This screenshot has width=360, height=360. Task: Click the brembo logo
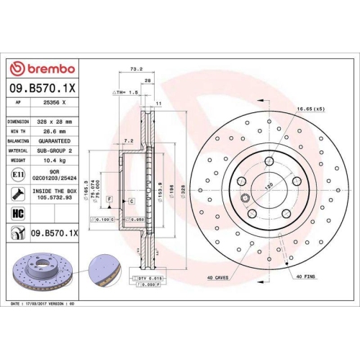pyautogui.click(x=41, y=68)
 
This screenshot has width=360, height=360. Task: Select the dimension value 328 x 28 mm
pyautogui.click(x=51, y=122)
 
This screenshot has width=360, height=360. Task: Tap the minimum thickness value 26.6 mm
pyautogui.click(x=51, y=132)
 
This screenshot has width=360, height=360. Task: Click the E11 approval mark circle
pyautogui.click(x=17, y=174)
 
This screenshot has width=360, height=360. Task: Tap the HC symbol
pyautogui.click(x=17, y=212)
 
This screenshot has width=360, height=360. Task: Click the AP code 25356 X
pyautogui.click(x=51, y=103)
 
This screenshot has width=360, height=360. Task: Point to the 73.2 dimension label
pyautogui.click(x=134, y=70)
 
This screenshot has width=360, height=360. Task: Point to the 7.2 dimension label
pyautogui.click(x=129, y=140)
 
